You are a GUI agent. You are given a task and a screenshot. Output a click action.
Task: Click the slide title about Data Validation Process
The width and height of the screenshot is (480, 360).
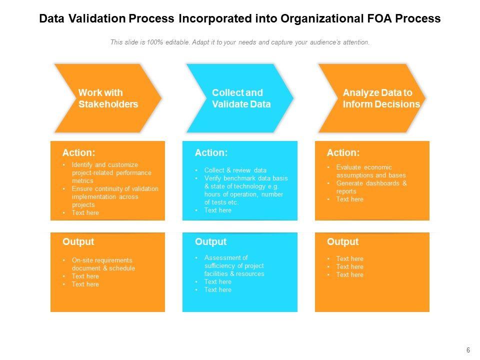[x=239, y=18]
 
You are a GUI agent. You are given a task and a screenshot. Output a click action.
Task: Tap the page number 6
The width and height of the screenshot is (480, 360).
[x=468, y=350]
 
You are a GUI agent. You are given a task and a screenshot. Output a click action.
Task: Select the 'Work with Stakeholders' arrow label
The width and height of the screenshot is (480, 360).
[x=108, y=98]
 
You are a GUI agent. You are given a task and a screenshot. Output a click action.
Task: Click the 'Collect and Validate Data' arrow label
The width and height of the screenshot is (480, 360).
[x=241, y=98]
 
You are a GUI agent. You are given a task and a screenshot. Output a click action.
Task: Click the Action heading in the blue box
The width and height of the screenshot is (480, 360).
[x=211, y=153]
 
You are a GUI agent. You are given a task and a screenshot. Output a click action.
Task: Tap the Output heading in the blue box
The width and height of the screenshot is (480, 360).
[x=210, y=242]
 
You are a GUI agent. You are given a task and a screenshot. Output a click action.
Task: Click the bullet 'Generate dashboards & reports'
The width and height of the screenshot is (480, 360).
[x=371, y=187]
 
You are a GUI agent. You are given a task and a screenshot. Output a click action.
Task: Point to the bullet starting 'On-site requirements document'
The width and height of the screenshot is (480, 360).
[x=103, y=264]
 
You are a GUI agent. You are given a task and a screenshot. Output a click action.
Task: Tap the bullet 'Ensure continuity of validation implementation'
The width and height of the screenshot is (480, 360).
[x=115, y=196]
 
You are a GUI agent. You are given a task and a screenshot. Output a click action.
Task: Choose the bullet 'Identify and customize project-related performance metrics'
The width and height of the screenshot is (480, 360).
[x=111, y=172]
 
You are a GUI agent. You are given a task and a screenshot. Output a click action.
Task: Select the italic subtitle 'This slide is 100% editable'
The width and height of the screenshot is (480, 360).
[x=240, y=42]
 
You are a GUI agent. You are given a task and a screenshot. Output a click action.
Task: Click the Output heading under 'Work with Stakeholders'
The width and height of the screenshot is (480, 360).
[x=78, y=242]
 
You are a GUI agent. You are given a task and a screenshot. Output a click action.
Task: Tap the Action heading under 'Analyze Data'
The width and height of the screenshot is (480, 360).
[x=343, y=153]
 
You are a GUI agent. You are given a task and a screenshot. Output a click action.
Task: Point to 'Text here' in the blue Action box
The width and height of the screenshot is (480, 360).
[x=217, y=210]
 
